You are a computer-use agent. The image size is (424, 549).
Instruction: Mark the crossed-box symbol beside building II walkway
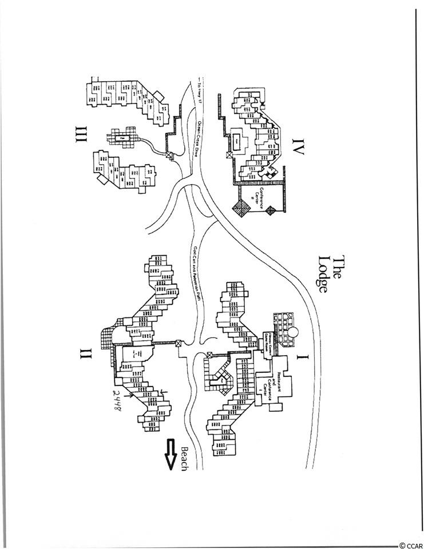(x=179, y=344)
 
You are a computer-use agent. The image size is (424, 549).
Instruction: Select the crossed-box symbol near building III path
(x=169, y=154)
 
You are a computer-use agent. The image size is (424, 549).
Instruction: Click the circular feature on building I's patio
(x=293, y=332)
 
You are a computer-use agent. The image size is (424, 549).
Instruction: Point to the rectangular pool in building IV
(x=237, y=140)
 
